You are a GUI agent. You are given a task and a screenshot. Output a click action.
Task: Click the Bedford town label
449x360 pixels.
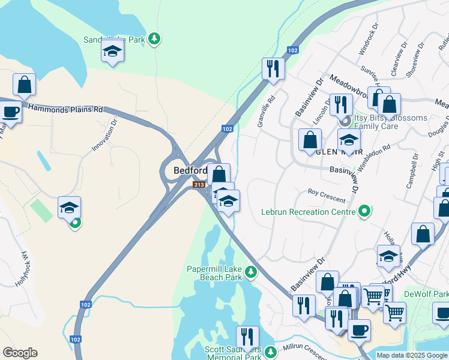pos(190,170)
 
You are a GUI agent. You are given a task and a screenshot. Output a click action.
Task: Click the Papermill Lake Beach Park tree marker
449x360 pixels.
pos(252,273)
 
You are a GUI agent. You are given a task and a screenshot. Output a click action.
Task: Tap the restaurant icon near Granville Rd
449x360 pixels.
pos(273,68)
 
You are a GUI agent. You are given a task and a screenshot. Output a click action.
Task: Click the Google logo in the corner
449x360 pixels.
pos(20,353)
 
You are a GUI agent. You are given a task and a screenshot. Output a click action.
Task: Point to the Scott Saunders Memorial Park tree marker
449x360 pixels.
pos(271,351)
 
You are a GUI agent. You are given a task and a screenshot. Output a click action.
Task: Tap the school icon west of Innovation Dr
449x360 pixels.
pos(69,208)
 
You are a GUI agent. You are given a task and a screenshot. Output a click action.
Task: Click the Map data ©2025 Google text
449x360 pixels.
pos(412,355)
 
